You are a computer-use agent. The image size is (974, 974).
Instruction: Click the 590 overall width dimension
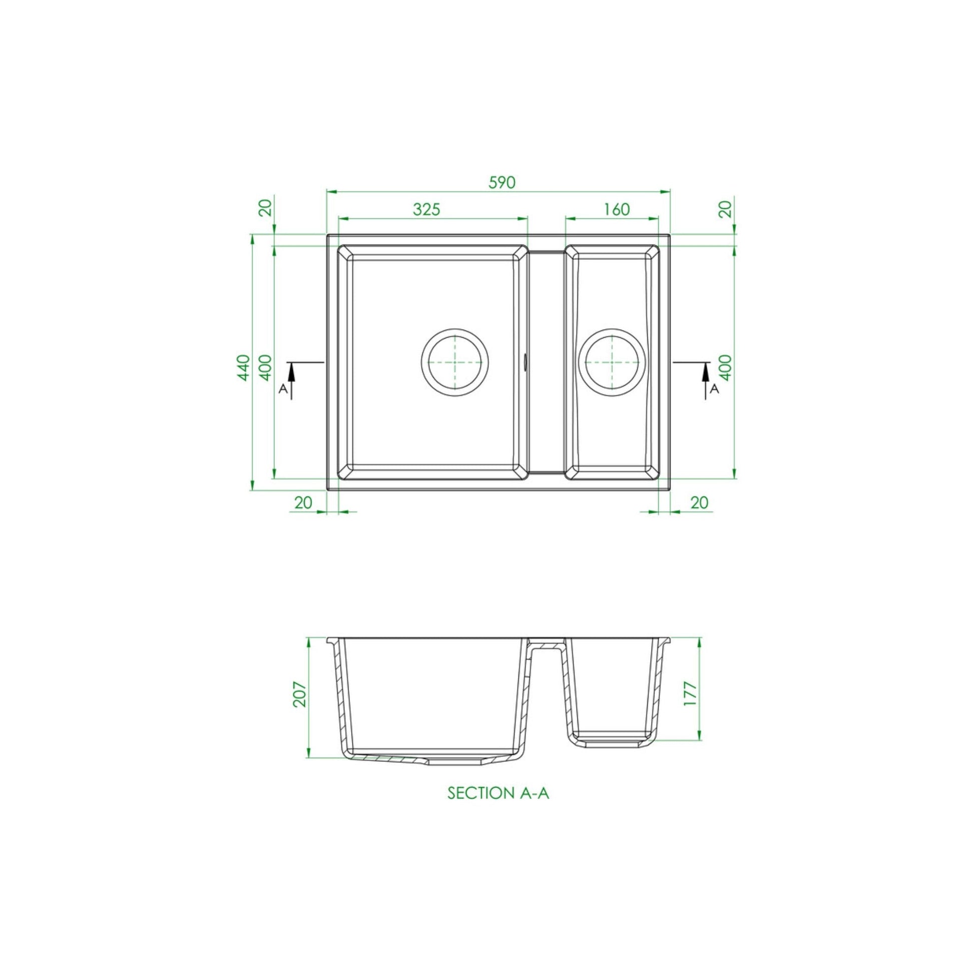tap(502, 182)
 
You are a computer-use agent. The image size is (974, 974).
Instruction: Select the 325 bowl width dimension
tap(426, 209)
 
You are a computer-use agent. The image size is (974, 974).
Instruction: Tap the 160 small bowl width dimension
tap(616, 209)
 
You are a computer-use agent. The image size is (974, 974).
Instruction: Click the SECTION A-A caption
tap(498, 793)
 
